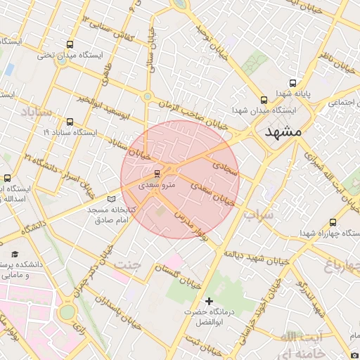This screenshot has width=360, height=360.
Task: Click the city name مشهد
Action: click(283, 131)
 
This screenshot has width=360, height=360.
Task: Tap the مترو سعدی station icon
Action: click(157, 172)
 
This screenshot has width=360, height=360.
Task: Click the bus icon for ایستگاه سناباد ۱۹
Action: click(69, 121)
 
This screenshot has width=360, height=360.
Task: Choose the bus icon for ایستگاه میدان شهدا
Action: click(264, 100)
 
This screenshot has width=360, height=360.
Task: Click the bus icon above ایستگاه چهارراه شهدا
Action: click(333, 222)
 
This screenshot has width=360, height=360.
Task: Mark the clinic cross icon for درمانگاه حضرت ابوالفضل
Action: click(209, 300)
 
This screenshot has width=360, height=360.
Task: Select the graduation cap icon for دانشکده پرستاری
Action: click(15, 255)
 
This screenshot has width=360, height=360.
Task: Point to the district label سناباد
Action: click(36, 111)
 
